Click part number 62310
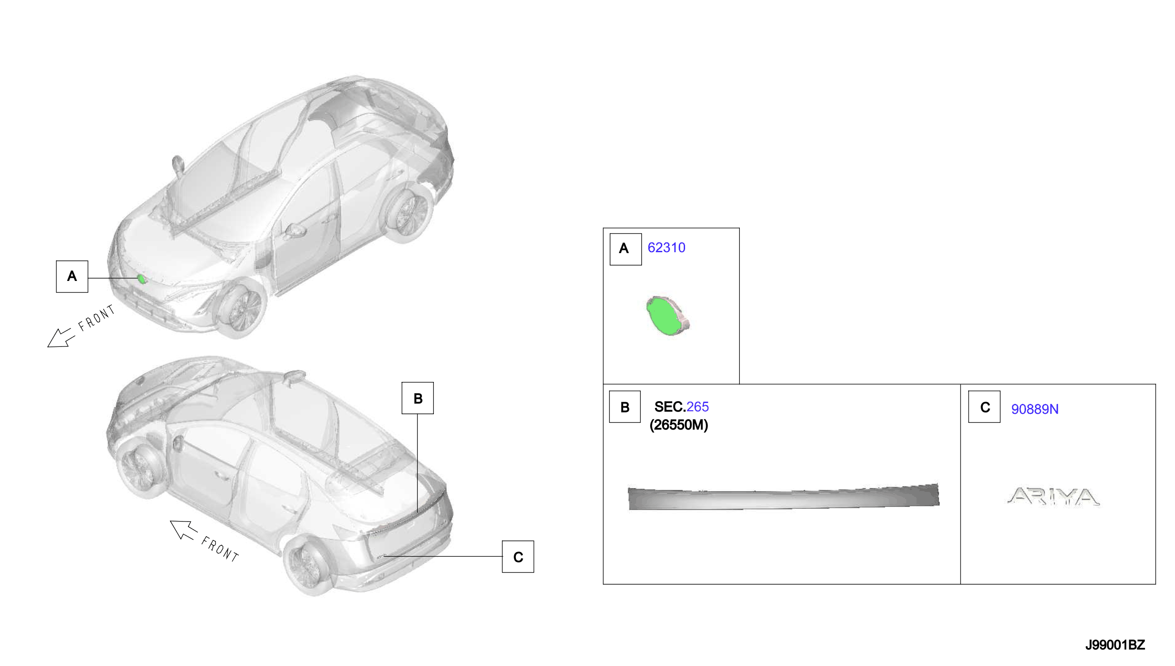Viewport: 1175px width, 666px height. point(666,247)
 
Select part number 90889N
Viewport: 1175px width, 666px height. point(1035,409)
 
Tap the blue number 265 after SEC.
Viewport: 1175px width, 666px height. point(697,407)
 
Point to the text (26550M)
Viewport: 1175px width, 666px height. point(679,425)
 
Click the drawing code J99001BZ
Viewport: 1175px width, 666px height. point(1115,645)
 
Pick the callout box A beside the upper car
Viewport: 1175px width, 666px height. point(72,276)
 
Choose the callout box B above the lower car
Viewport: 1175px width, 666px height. point(417,398)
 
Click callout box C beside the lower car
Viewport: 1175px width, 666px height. point(518,556)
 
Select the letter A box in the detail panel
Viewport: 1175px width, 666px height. point(625,249)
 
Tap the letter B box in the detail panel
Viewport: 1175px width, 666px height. point(625,407)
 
